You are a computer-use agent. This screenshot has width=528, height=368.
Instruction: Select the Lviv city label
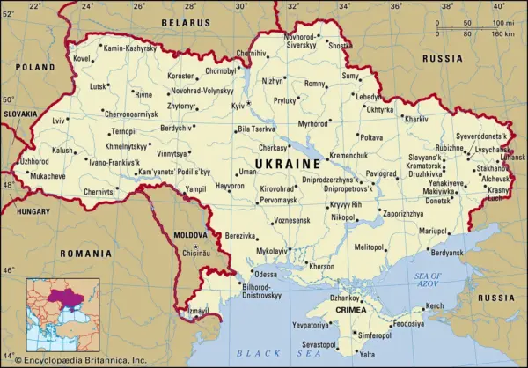pyautogui.click(x=59, y=120)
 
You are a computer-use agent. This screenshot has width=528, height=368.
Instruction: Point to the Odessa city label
pyautogui.click(x=265, y=274)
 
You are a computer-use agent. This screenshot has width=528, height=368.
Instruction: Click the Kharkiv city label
pyautogui.click(x=416, y=119)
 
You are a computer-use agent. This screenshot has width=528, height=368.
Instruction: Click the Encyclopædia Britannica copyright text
pyautogui.click(x=74, y=360)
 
